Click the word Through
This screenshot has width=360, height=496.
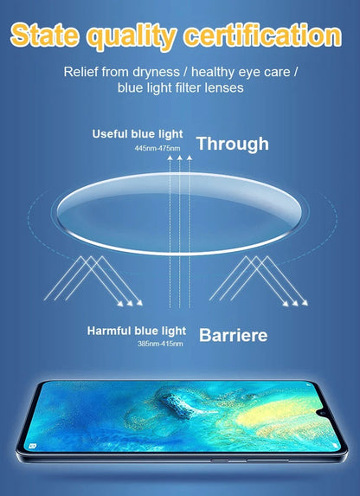pyautogui.click(x=233, y=145)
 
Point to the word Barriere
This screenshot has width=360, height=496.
pyautogui.click(x=233, y=335)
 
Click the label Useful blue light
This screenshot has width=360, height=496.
pyautogui.click(x=138, y=134)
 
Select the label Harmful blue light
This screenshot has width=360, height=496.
pyautogui.click(x=137, y=332)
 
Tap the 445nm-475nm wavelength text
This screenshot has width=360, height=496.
pyautogui.click(x=157, y=148)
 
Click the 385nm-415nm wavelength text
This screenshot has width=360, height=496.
pyautogui.click(x=160, y=344)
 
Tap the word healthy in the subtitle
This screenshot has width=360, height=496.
pyautogui.click(x=213, y=73)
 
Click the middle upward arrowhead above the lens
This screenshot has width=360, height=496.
pyautogui.click(x=179, y=158)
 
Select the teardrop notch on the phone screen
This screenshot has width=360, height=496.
pyautogui.click(x=323, y=414)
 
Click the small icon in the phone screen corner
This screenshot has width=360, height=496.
pyautogui.click(x=32, y=447)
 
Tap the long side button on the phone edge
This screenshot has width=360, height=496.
pyautogui.click(x=267, y=461)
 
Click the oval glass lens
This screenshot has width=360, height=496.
pyautogui.click(x=179, y=214)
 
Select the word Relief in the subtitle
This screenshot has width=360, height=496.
pyautogui.click(x=80, y=72)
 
